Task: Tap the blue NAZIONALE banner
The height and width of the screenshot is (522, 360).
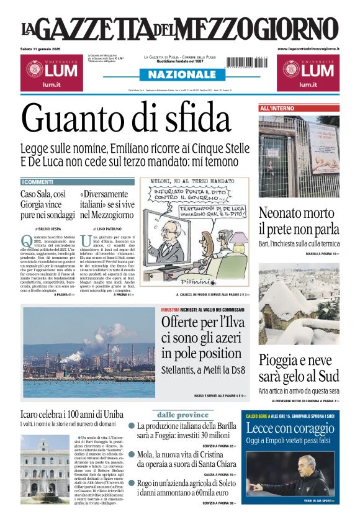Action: click(x=179, y=74)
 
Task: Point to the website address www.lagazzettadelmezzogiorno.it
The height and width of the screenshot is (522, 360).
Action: click(x=308, y=48)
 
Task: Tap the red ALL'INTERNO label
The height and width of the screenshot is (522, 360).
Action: click(x=277, y=109)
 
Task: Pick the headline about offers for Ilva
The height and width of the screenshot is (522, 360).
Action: click(x=202, y=338)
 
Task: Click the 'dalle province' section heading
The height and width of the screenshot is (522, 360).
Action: click(x=182, y=415)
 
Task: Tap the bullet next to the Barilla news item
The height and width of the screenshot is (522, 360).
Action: click(x=132, y=426)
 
